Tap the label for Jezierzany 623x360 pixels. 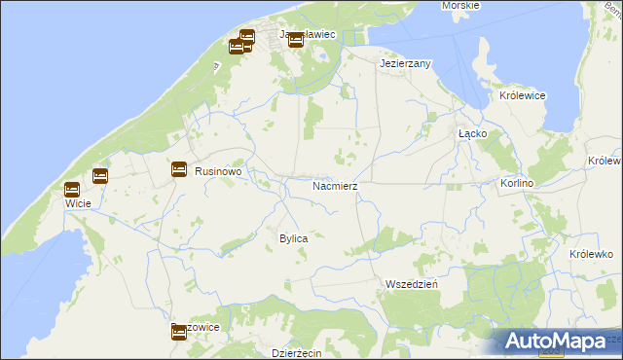405,62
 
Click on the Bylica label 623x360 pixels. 294,238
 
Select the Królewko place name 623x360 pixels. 589,253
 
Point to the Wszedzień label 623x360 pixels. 411,283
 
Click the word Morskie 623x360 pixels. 459,6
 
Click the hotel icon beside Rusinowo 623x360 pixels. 179,169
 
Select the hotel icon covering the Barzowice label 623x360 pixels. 178,333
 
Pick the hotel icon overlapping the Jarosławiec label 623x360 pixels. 295,40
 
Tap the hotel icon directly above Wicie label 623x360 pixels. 71,190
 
